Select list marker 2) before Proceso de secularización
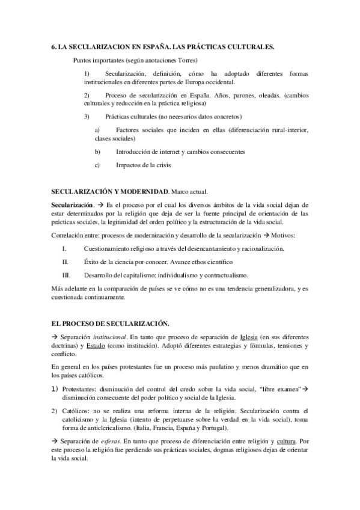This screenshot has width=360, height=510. (x=87, y=96)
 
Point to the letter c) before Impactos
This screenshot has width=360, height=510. (x=98, y=164)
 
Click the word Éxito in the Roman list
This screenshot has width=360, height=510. (x=94, y=262)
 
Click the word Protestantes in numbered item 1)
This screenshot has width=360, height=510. (x=81, y=389)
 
